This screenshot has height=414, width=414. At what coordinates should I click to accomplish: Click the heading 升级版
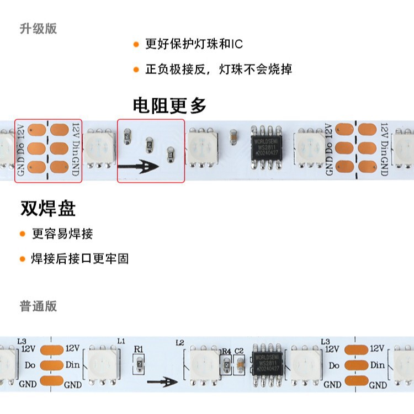point(38,29)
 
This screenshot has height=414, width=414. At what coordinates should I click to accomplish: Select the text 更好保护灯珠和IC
point(194,44)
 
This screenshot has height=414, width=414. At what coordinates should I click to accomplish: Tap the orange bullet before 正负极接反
point(136,70)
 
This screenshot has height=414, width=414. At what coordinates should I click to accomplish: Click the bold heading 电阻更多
point(169,105)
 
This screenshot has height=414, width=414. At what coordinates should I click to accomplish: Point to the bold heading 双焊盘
point(47,208)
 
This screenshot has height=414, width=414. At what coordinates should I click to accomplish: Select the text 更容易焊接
point(62,233)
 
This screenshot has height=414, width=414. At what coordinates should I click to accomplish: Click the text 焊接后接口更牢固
point(80,258)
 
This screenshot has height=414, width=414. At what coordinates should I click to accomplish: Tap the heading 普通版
point(38,306)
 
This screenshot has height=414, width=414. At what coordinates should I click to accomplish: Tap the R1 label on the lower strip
point(139,349)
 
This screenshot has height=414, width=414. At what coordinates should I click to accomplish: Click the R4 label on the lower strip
point(225,351)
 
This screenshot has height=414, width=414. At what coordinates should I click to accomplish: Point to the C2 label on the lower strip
point(239,351)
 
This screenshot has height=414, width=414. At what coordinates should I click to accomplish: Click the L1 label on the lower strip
point(121,341)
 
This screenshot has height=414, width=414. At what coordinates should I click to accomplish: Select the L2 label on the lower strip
point(179,343)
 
